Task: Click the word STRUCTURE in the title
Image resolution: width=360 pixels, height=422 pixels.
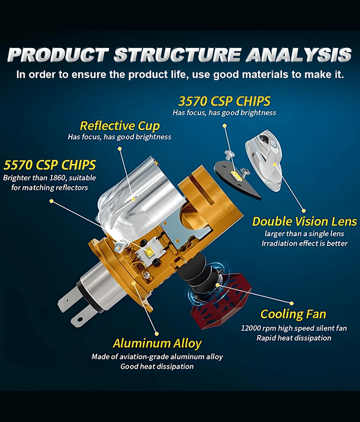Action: coord(178,55)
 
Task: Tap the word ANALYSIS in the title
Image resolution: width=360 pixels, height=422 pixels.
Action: coord(299,55)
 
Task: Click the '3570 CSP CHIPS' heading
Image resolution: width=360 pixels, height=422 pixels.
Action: coord(224,101)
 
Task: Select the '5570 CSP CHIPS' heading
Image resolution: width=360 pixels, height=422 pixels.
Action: coord(50,165)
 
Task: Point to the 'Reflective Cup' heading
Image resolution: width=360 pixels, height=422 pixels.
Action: coord(120,126)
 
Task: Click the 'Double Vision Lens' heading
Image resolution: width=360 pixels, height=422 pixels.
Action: coord(304,222)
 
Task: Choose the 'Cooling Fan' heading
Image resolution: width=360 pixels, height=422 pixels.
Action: coord(293,314)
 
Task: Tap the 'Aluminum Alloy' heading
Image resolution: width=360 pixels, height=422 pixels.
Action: coord(157,343)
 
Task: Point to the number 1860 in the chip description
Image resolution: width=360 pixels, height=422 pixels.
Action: coord(57,178)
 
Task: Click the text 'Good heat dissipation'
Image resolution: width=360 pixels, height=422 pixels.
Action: coord(157,367)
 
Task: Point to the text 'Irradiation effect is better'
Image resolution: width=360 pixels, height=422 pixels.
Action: coord(305,244)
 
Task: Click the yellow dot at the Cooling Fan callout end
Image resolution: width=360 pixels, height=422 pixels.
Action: coord(291,304)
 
